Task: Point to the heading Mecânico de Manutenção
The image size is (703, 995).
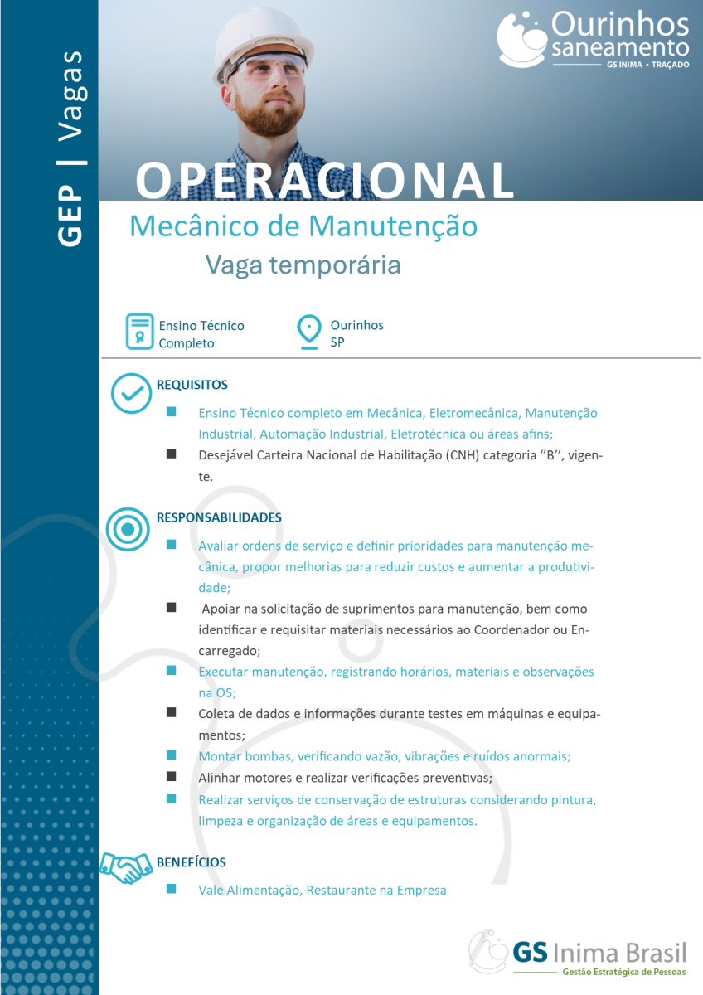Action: (303, 226)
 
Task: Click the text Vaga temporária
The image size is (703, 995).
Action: (303, 265)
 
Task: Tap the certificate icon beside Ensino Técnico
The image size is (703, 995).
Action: (139, 332)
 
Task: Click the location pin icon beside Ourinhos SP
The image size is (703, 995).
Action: (309, 332)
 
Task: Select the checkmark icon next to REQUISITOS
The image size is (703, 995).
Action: (131, 393)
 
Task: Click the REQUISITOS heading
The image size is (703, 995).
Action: (192, 385)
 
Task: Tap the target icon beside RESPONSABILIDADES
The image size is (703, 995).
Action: (127, 527)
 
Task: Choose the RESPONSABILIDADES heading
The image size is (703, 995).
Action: (219, 517)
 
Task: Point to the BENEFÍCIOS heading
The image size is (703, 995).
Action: (191, 862)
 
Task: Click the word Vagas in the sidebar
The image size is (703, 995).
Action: (71, 95)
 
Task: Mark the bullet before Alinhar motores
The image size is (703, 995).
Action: (172, 777)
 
